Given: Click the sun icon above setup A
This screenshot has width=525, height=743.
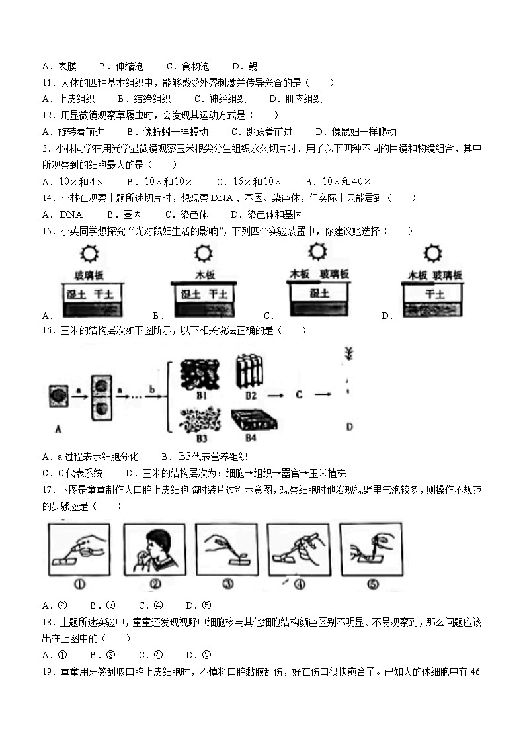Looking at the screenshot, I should (x=88, y=254).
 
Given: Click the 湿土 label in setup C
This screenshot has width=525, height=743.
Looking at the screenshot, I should (x=319, y=292).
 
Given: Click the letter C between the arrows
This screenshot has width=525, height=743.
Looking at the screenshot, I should (x=299, y=394).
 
